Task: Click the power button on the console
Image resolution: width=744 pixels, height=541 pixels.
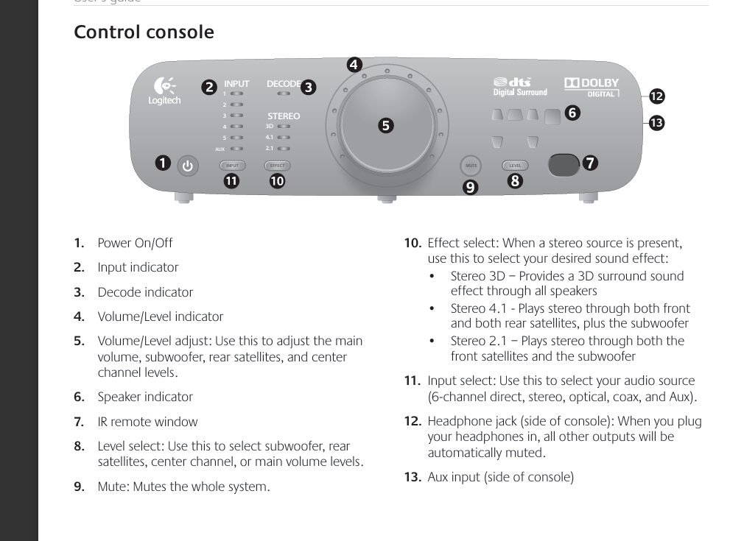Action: coord(187,166)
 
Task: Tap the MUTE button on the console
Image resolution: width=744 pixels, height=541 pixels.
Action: coord(471,166)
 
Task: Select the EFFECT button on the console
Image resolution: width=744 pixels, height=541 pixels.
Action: coord(277,166)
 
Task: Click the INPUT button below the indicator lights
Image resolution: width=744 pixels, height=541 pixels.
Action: coord(232,166)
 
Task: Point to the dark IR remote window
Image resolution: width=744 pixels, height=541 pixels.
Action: coord(564,165)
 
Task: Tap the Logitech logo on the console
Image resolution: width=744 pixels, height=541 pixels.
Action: coord(164,93)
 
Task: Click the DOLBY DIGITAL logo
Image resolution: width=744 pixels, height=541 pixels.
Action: coord(592,88)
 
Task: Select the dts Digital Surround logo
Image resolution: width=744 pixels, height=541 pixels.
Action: coord(519,87)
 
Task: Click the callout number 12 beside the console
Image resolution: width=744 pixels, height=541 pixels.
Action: coord(656,96)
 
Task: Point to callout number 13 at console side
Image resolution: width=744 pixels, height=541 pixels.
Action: coord(656,122)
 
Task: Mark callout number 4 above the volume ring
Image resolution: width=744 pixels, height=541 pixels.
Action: coord(354,65)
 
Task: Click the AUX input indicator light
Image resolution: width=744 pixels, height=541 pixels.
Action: coord(236,149)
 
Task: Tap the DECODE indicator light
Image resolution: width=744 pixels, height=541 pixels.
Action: coord(283,94)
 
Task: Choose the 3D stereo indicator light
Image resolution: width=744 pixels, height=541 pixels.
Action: coord(284,127)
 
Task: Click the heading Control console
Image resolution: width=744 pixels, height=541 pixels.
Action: coord(144,32)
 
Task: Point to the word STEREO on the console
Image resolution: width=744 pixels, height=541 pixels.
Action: coord(284,116)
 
